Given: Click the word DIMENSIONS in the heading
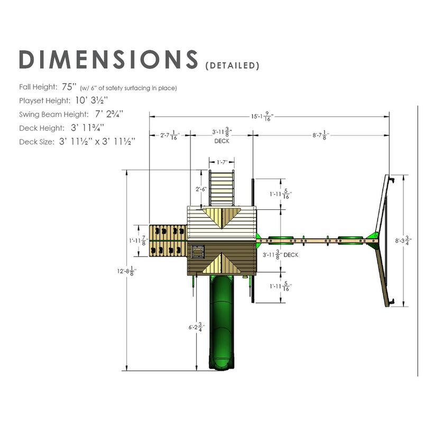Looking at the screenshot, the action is tap(108, 59).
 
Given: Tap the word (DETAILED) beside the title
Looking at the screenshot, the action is tap(232, 66).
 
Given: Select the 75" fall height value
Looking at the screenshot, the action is tap(68, 87).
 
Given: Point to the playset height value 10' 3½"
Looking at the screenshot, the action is tap(91, 100).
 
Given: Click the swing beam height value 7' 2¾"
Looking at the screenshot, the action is tap(109, 114).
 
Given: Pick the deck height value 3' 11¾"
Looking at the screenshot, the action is tap(87, 128).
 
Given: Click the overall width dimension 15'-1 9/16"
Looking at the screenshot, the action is tap(262, 116).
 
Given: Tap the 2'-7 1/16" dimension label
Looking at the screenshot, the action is tap(170, 135).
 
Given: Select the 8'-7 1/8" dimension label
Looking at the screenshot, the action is tap(321, 135).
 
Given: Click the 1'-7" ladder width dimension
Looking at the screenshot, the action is tap(222, 162).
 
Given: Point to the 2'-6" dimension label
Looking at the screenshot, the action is tap(201, 189).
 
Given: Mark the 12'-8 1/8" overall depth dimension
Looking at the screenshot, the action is tap(127, 271).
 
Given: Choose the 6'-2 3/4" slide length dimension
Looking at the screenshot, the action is tap(197, 327).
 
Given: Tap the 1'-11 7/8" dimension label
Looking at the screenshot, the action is tap(139, 241).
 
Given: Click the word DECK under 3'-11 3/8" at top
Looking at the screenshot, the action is tap(222, 141).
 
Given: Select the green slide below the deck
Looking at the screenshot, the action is tap(222, 322).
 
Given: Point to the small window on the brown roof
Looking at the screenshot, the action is tap(198, 252).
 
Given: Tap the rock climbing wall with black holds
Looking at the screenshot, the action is tap(168, 241).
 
